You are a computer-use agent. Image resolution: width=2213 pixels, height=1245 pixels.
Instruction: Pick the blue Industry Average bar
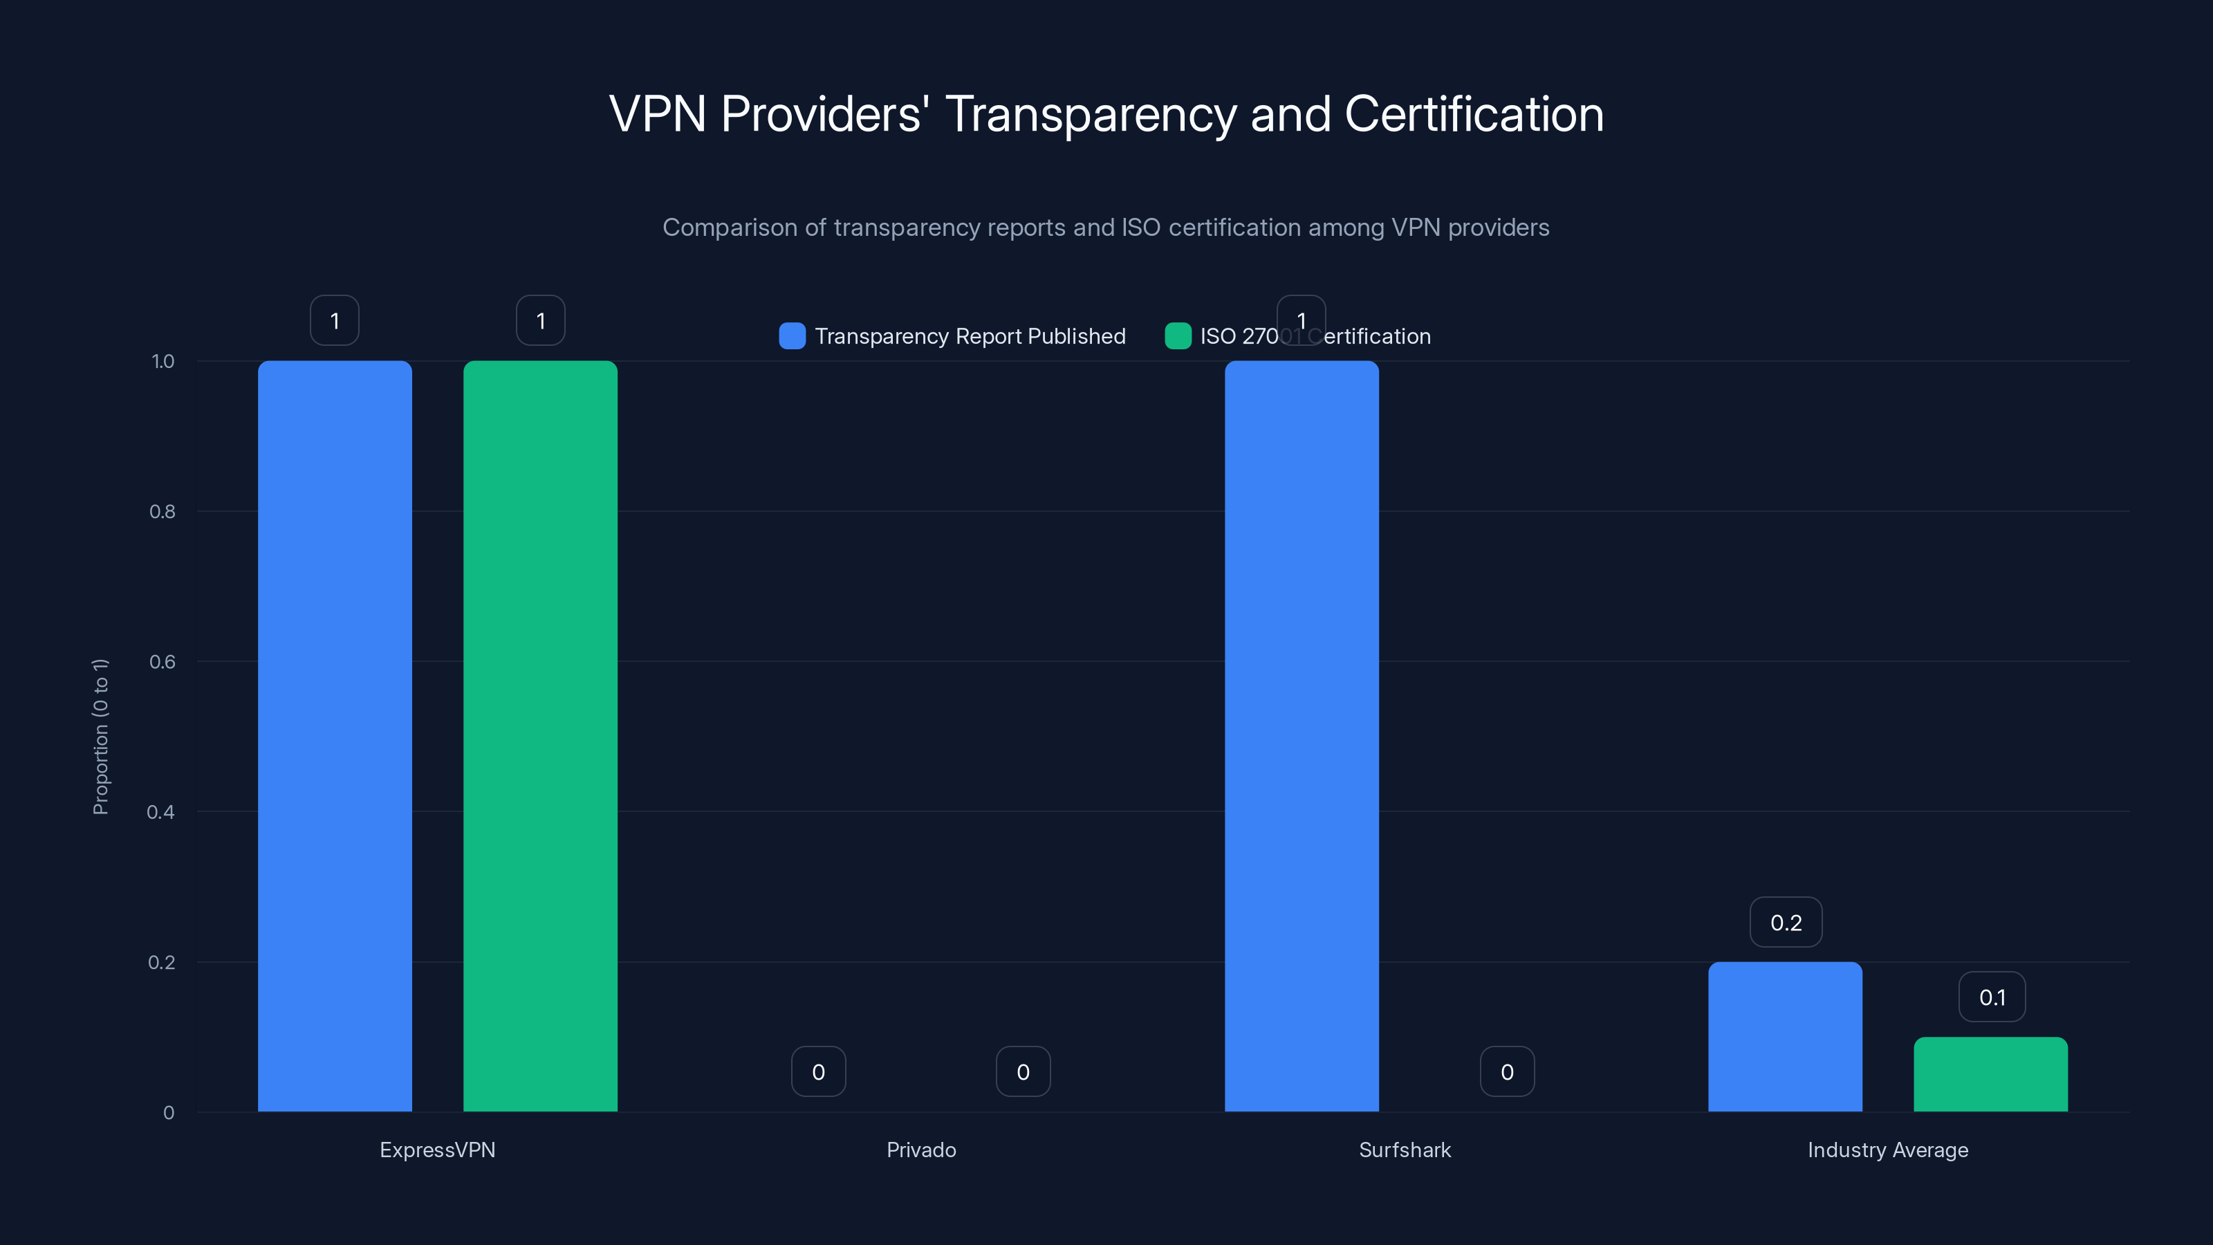[1784, 1036]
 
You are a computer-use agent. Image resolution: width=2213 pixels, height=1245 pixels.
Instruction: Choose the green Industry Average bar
[1990, 1074]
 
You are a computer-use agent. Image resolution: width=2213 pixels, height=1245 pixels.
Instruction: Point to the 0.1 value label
[1992, 997]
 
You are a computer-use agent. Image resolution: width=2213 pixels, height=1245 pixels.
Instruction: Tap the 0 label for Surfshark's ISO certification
[1506, 1071]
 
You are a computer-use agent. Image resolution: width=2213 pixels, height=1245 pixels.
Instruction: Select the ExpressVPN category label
[437, 1150]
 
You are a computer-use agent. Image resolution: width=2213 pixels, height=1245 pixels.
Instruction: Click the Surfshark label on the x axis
[1404, 1150]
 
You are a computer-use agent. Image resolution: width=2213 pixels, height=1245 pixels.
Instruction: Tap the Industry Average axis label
[1887, 1150]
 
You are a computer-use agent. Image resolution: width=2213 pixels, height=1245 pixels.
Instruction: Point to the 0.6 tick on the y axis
[162, 662]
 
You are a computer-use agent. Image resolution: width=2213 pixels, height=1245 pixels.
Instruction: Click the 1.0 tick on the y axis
[163, 361]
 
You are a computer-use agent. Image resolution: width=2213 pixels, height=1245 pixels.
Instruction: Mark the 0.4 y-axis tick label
[160, 812]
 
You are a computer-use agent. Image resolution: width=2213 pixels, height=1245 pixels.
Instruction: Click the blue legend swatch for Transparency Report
[791, 336]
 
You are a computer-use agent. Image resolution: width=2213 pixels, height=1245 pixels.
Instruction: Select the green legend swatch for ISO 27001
[1177, 336]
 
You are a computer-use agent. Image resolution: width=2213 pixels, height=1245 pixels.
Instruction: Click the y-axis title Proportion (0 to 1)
[100, 737]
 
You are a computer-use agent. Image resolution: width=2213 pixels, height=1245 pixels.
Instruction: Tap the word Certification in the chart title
[1472, 114]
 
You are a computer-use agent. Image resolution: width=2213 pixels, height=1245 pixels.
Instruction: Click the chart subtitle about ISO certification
[1106, 228]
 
